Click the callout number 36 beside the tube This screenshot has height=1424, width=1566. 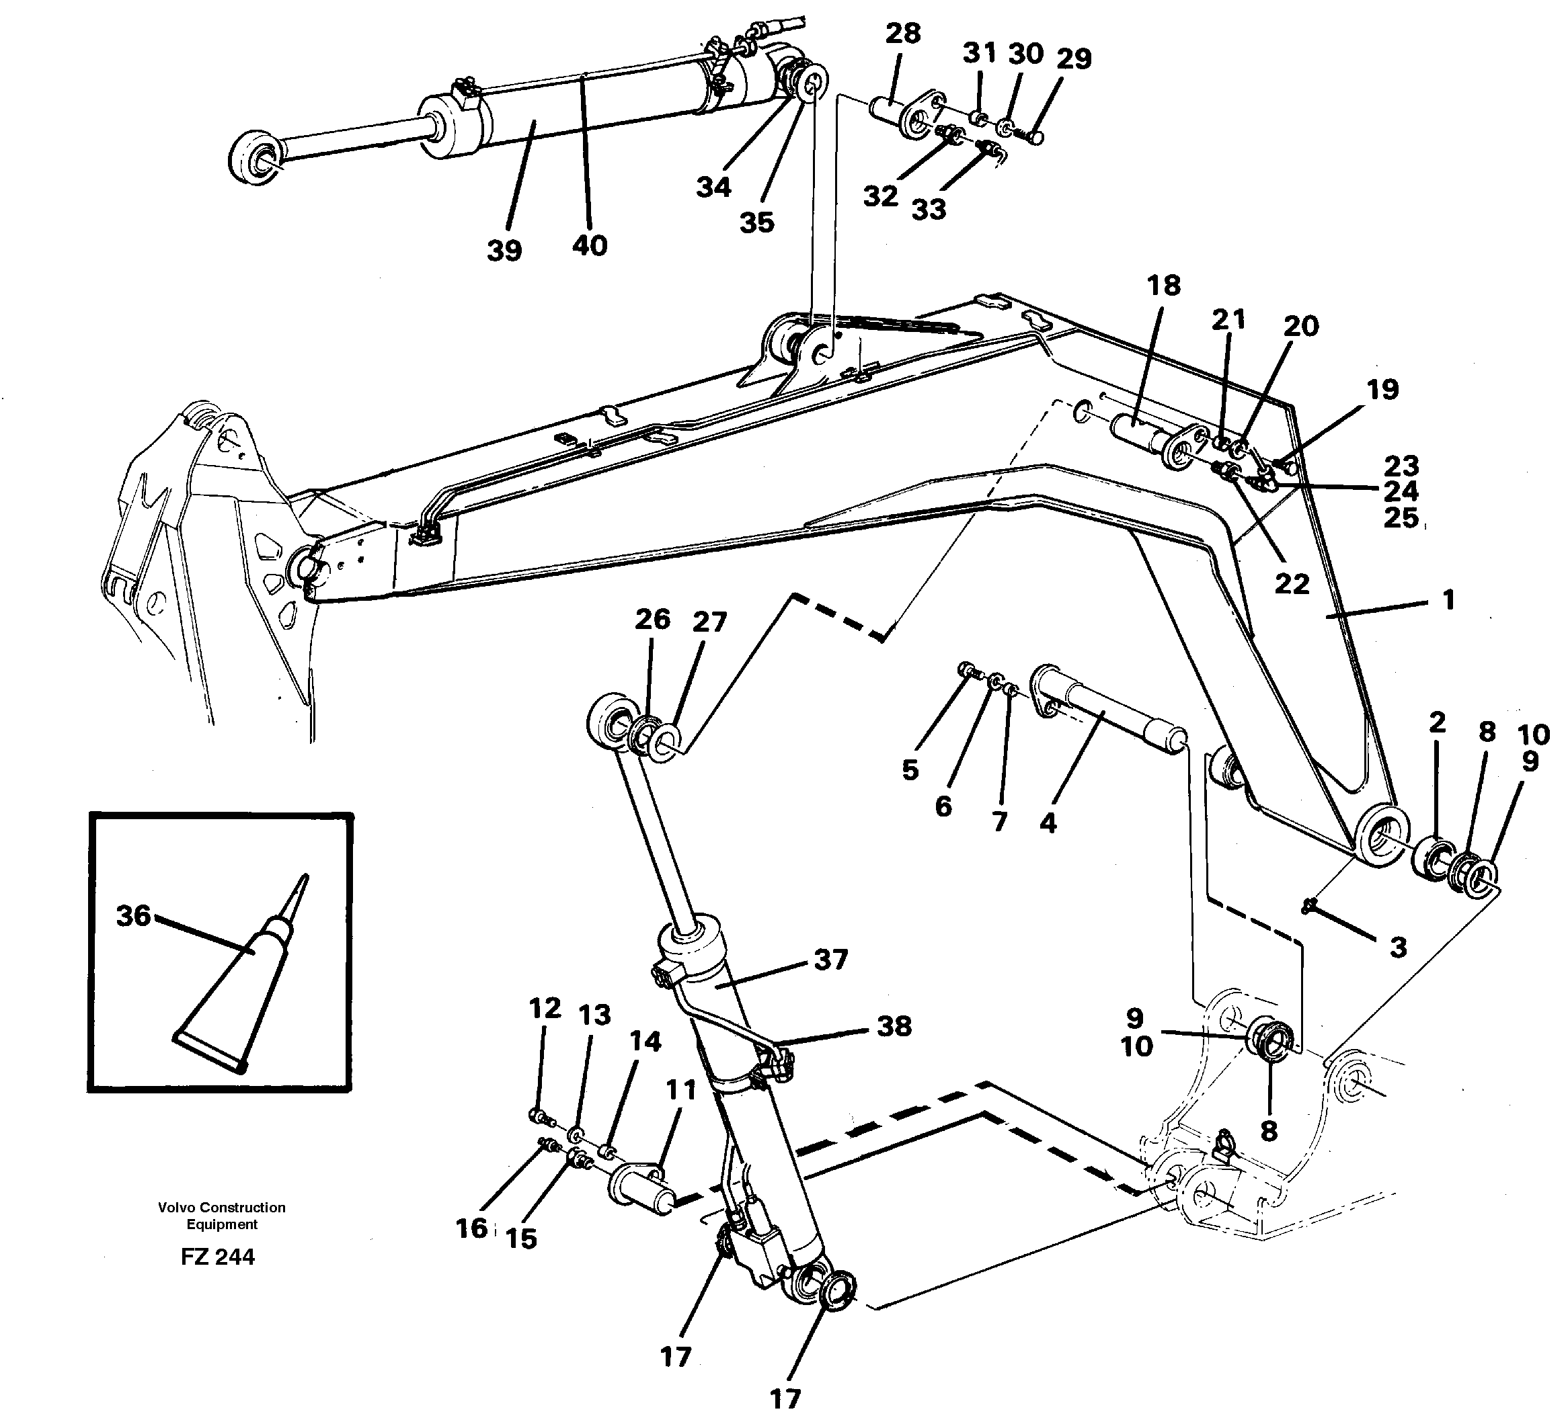[133, 916]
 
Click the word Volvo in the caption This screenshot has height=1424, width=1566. [176, 1208]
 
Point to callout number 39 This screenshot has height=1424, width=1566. [504, 251]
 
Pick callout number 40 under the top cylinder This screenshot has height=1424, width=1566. [589, 245]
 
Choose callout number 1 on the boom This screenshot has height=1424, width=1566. [1448, 599]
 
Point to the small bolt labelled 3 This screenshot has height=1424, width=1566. [1310, 904]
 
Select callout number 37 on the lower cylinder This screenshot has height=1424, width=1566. [830, 960]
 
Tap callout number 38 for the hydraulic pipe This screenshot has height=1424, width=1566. [894, 1026]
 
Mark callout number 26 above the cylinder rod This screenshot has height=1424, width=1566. [652, 619]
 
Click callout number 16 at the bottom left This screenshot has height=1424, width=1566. [471, 1228]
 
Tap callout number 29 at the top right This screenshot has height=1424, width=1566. [1074, 58]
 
